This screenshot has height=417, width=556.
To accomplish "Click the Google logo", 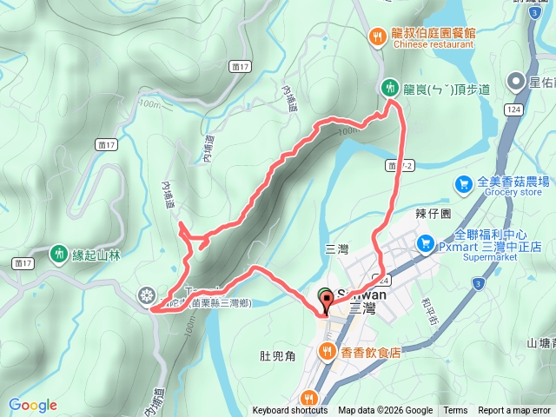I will coord(33,405).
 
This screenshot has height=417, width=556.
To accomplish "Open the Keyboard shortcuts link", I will coord(290,411).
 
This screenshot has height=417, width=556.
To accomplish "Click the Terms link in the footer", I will coord(455,411).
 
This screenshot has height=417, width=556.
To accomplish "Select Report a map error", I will coord(513,411).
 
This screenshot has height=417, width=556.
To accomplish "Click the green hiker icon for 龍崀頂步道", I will coord(389,86).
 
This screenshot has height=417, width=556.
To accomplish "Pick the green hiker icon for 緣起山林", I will coord(59,253).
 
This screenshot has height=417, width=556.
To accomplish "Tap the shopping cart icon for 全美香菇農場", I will coord(464,183).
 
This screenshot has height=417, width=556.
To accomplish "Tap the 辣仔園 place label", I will coord(435,213).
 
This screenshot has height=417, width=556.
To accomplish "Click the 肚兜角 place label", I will coord(278,354).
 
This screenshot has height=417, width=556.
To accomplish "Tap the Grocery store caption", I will coord(507,193).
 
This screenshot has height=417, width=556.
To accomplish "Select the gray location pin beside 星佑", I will coord(516,83).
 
